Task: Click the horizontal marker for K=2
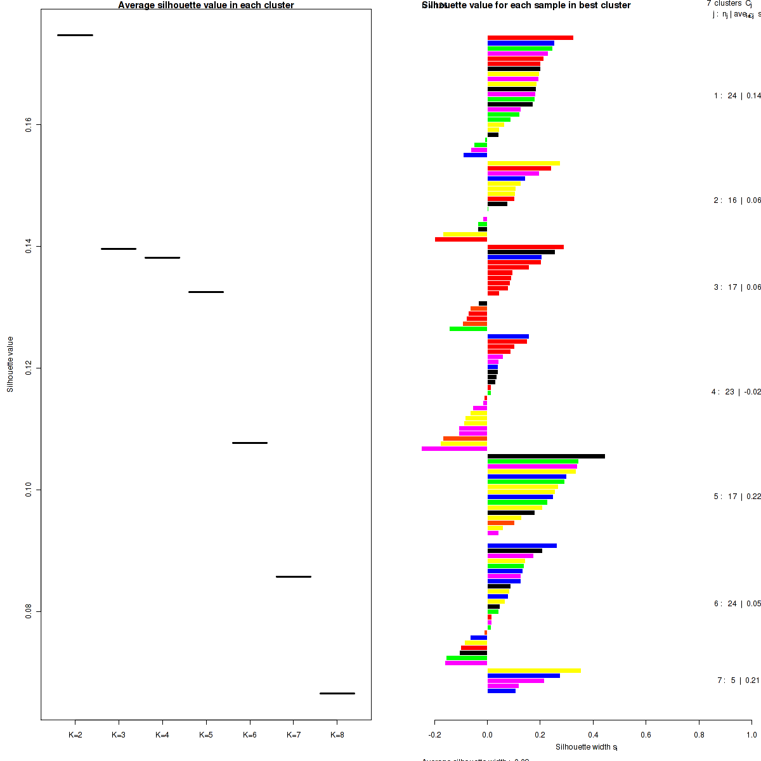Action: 75,35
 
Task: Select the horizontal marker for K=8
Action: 337,693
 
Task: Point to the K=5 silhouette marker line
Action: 206,292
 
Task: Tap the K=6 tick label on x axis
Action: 249,735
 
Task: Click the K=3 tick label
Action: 119,735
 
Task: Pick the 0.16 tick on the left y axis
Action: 29,125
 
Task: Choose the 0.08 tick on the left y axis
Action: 29,611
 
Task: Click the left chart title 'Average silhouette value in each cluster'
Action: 206,5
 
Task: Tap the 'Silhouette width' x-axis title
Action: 587,747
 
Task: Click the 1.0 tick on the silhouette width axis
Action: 751,735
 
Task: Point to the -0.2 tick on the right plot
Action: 435,735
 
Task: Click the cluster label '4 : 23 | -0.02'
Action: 736,392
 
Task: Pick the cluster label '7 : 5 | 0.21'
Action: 738,680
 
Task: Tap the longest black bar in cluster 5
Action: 546,456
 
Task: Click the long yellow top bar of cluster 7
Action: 534,670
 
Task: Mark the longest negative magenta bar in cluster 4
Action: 454,448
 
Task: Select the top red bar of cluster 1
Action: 530,38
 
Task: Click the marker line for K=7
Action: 294,576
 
